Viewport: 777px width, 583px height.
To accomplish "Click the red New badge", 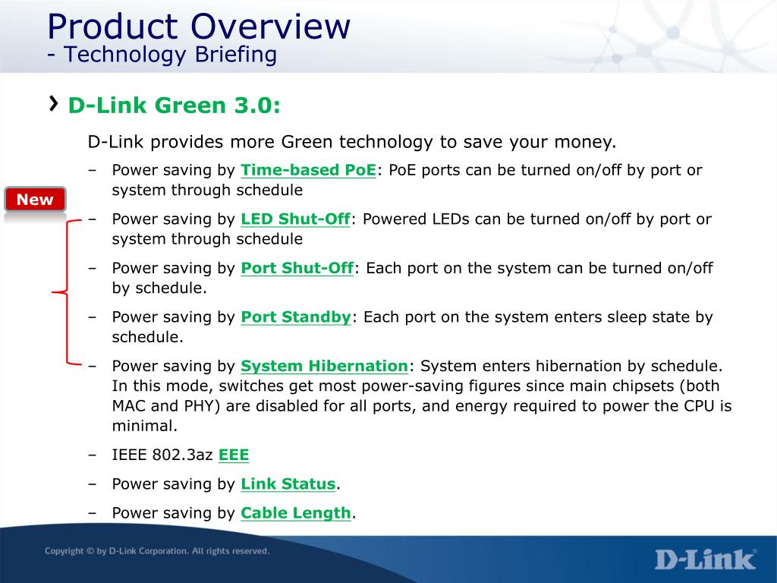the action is click(35, 200).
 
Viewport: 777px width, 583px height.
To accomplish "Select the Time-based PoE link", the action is click(308, 170).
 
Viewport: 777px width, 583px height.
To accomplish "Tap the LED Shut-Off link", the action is click(295, 219).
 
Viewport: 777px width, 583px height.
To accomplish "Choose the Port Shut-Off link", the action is click(297, 268).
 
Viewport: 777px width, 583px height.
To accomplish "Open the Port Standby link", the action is click(296, 317).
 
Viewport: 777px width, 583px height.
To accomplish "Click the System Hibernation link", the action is click(324, 367).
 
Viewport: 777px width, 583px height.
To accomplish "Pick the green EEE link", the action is click(234, 455).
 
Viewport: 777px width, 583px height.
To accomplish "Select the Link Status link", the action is click(288, 484).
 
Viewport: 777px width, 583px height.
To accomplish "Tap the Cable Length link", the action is click(296, 513).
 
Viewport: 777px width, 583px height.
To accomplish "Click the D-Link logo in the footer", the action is click(706, 559).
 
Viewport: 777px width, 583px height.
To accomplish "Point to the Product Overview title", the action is click(199, 27).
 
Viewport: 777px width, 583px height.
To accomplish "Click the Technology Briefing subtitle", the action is click(162, 55).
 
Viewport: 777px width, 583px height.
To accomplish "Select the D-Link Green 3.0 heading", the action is click(174, 106).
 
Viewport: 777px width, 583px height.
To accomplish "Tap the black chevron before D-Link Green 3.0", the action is click(54, 103).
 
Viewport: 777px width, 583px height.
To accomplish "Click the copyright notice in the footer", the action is click(157, 551).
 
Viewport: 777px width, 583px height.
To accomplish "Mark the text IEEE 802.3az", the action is click(162, 455).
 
